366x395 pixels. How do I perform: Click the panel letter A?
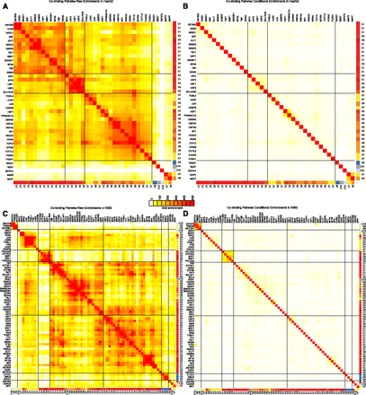pyautogui.click(x=4, y=4)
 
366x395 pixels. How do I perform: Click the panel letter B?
pyautogui.click(x=188, y=4)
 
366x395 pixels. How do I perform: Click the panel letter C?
pyautogui.click(x=4, y=213)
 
